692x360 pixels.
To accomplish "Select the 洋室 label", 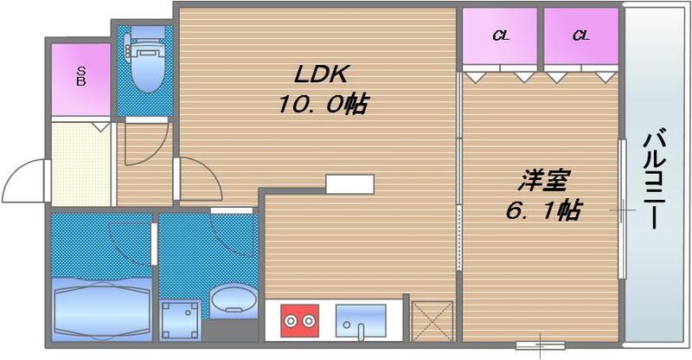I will (x=543, y=182).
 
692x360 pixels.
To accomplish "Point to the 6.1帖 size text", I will (x=543, y=210).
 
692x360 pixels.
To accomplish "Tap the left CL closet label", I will (x=500, y=35).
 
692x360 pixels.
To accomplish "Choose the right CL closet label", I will (x=580, y=35).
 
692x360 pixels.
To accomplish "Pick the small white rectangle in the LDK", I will (x=350, y=185).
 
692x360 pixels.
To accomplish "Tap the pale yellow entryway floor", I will (x=81, y=164).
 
